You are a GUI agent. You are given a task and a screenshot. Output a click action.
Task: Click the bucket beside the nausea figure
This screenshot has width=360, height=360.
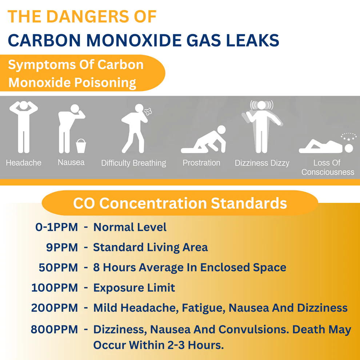[81, 146]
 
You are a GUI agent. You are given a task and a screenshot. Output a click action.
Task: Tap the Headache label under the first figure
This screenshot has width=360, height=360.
[24, 163]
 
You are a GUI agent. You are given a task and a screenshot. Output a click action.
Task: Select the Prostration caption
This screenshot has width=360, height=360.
[201, 163]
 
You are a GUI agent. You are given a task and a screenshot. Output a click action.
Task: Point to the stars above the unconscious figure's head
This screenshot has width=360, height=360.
[349, 137]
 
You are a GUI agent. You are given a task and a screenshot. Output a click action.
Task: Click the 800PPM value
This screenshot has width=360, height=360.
[54, 330]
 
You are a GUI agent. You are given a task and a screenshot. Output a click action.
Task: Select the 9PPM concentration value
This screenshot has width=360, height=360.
[62, 248]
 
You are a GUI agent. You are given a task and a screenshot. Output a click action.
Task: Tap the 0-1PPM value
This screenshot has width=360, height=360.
[57, 227]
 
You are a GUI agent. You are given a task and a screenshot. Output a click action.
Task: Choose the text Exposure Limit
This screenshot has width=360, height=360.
[134, 288]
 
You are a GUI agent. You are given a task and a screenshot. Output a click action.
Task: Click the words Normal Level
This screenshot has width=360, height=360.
[130, 227]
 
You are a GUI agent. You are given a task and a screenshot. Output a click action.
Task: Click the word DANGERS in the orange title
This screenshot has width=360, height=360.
[89, 17]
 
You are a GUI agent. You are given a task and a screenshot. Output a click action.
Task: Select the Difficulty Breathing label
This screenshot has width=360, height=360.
[133, 163]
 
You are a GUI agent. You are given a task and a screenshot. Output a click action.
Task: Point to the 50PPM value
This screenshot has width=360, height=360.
[58, 268]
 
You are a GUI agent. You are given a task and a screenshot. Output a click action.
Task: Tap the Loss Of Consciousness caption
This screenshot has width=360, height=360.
[328, 167]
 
